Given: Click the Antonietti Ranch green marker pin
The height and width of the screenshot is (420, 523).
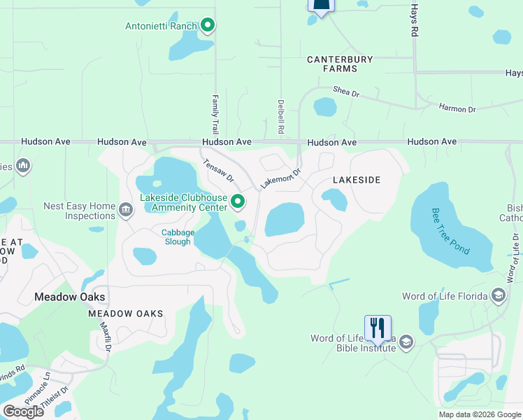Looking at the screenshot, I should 207,27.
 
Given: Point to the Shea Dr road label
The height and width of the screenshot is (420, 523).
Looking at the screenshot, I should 346,92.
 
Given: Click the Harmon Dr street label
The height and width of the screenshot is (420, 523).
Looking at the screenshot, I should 457,108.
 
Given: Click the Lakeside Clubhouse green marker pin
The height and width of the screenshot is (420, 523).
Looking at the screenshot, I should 238,202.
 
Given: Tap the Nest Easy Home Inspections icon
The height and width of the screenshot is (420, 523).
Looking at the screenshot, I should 126,209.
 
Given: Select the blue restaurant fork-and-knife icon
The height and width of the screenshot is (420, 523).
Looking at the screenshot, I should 378,328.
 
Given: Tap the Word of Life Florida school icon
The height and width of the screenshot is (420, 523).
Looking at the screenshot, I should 499,295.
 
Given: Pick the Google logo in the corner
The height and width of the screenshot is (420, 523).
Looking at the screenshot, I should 23,412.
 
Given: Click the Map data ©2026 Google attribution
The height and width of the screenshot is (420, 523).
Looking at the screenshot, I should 480,414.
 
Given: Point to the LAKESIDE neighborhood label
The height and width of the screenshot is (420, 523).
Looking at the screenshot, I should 357,180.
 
